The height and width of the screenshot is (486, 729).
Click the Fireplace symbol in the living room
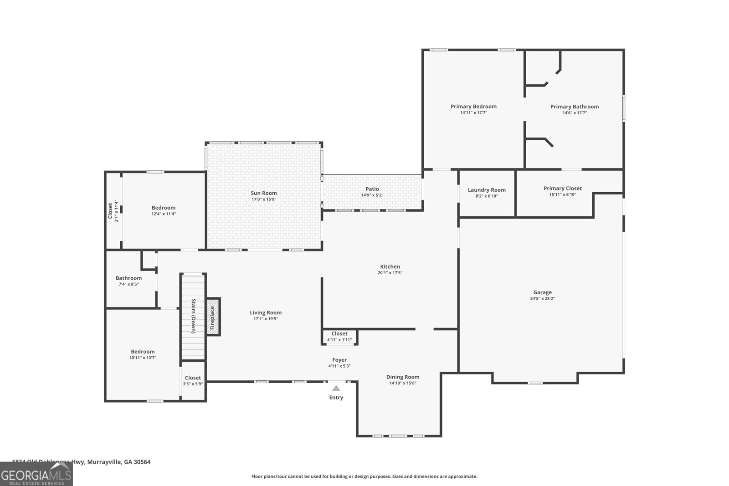(x=213, y=317)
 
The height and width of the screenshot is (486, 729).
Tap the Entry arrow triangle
(x=336, y=389)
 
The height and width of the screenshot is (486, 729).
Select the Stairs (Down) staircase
(x=193, y=317)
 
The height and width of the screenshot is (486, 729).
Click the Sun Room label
(x=264, y=193)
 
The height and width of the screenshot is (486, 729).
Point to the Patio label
(x=372, y=189)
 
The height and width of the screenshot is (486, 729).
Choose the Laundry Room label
(x=487, y=190)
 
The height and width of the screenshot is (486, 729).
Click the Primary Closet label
(x=562, y=188)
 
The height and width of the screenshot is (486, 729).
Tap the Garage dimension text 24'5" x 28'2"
(x=542, y=299)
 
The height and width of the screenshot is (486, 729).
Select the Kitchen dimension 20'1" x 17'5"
(x=390, y=273)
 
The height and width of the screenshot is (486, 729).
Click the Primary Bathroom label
(x=574, y=107)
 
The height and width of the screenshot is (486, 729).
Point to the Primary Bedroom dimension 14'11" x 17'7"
(x=473, y=113)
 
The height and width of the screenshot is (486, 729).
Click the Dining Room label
(x=403, y=377)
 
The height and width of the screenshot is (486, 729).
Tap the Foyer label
(x=339, y=360)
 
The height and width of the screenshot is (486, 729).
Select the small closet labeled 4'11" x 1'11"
(x=339, y=337)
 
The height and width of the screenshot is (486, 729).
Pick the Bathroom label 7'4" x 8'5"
(x=128, y=278)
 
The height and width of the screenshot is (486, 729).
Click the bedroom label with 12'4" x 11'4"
(x=163, y=208)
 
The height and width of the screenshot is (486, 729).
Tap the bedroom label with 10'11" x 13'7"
(x=143, y=352)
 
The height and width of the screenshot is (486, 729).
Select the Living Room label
(x=266, y=312)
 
